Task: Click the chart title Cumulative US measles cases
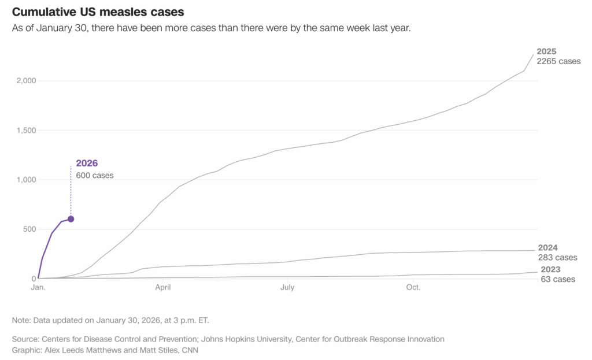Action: click(98, 12)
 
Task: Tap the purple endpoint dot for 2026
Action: click(71, 219)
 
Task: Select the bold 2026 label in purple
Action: click(87, 164)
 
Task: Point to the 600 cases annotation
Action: click(95, 175)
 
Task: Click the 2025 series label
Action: click(546, 51)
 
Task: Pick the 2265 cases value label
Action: click(558, 61)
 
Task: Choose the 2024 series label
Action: click(547, 247)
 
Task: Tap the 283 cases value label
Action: click(557, 257)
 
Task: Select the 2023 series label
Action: click(550, 270)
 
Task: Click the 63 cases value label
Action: click(558, 280)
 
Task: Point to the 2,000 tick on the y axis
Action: click(26, 81)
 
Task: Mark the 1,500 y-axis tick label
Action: click(26, 130)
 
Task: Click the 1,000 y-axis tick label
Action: click(26, 180)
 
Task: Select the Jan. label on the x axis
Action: click(38, 287)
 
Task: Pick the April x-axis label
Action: click(164, 287)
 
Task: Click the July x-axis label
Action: click(288, 287)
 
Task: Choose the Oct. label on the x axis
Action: click(413, 287)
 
